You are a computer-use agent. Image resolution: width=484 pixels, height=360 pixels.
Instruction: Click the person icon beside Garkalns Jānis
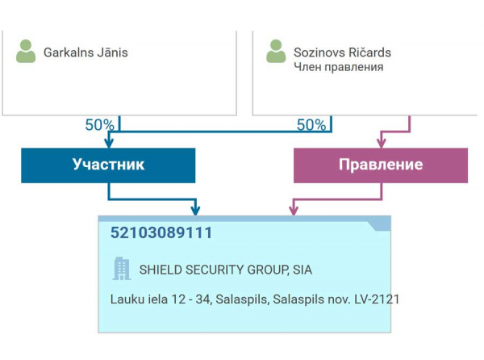tap(26, 52)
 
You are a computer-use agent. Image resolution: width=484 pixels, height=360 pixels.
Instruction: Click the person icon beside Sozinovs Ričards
tap(276, 52)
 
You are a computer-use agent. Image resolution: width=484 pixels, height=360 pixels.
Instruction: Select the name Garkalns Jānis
tap(86, 53)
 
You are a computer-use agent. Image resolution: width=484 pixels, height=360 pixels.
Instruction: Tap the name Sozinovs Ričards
tap(342, 53)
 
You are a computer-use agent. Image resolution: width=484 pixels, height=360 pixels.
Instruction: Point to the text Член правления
tap(338, 68)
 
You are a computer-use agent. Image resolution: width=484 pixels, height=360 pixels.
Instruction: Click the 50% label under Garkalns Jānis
tap(99, 125)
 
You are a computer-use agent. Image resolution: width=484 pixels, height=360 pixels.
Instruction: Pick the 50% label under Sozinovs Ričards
tap(311, 125)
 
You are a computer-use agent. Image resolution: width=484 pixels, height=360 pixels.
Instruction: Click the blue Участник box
tap(108, 165)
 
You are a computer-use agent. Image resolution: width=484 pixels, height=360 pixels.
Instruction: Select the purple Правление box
tap(380, 165)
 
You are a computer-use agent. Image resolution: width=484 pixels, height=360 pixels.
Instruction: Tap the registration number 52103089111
tap(161, 233)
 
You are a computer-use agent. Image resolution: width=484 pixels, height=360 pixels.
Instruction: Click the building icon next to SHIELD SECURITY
tap(121, 269)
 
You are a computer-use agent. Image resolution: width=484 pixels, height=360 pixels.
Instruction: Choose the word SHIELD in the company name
tap(161, 270)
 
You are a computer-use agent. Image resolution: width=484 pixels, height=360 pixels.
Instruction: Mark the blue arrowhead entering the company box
tap(194, 211)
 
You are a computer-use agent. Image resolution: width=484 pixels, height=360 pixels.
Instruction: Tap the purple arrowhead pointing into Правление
tap(409, 143)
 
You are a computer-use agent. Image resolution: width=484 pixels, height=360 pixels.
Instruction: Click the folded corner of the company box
tap(380, 224)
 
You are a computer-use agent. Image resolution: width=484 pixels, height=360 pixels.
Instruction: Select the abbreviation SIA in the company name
tap(301, 270)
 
